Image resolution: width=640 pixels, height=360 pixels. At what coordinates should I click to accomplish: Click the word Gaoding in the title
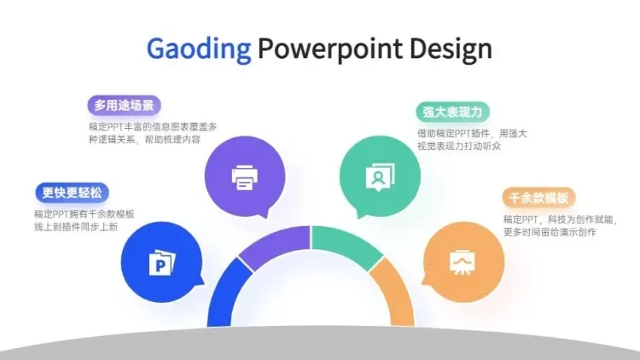point(199,49)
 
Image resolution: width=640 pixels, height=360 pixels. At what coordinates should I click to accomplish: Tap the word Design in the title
point(451,49)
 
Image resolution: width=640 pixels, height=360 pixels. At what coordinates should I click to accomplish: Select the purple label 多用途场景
point(124,105)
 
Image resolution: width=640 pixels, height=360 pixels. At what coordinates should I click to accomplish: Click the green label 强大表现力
point(452,112)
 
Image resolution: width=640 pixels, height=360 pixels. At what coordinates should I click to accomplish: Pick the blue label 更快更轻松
point(73,193)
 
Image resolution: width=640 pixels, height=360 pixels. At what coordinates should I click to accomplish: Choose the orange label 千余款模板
point(538,198)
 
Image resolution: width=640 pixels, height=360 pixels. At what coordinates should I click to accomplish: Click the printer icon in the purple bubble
point(245,177)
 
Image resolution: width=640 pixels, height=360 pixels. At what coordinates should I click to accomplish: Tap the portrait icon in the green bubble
point(380,177)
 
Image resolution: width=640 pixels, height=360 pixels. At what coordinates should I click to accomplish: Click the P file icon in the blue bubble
point(162,263)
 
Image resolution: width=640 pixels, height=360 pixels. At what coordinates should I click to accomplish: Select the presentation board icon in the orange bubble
point(463,262)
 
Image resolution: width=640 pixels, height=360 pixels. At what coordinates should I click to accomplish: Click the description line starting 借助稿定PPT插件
point(472,133)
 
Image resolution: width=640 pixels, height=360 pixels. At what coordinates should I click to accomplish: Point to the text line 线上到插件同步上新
point(76,227)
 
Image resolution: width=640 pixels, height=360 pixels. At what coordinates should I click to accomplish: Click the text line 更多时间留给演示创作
point(550,232)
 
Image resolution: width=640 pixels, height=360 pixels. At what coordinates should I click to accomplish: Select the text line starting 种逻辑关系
point(145,140)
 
